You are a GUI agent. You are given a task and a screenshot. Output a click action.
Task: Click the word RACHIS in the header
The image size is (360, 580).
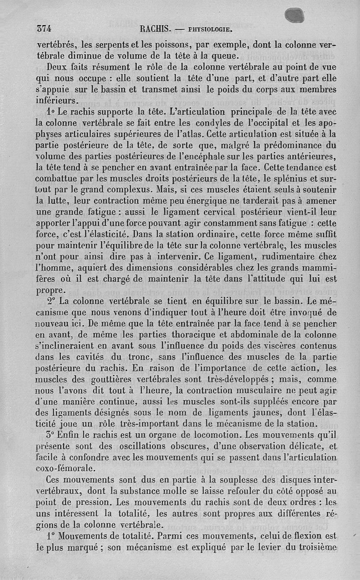154,29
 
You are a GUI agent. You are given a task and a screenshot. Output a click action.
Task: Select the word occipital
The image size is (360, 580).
275,122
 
